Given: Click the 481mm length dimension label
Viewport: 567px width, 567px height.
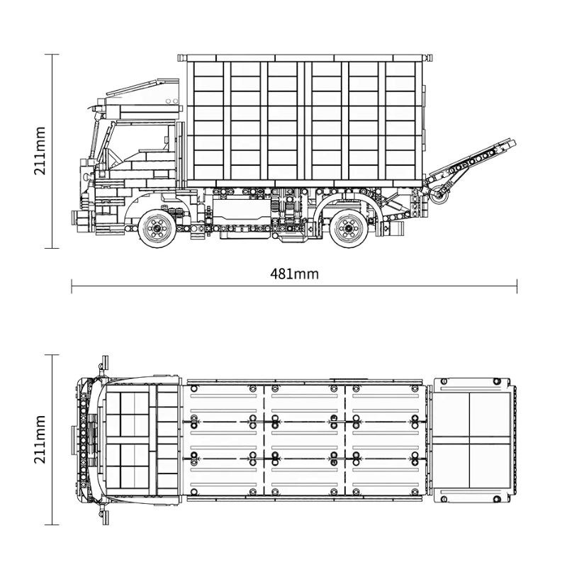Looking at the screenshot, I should point(294,274).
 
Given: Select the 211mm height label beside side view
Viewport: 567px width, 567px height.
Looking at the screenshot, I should point(40,150).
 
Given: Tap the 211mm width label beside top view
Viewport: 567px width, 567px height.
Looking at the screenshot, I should point(40,439).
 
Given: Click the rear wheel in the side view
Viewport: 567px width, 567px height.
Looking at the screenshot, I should point(348,227).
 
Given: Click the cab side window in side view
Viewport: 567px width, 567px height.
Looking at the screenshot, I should point(142,138).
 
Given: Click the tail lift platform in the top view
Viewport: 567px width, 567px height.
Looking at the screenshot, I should point(472,439).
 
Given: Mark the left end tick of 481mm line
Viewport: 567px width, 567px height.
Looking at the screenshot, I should point(72,286).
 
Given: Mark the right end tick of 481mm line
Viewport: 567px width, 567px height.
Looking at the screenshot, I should point(517,286).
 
